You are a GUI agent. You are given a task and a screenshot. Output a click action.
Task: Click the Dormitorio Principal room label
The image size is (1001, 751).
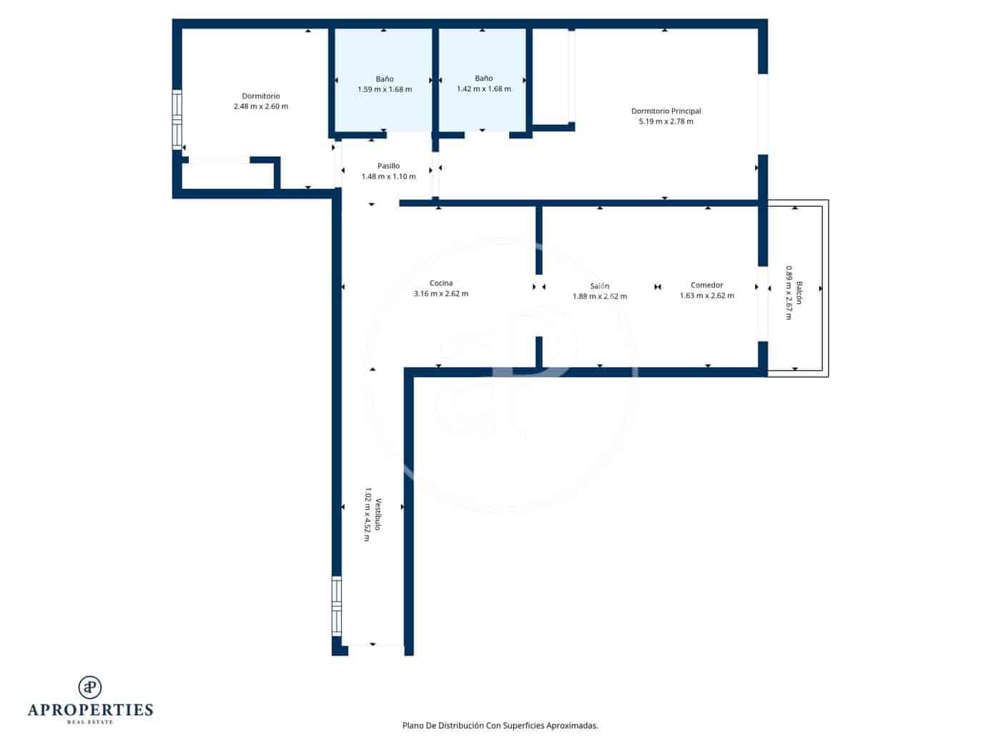tap(666, 111)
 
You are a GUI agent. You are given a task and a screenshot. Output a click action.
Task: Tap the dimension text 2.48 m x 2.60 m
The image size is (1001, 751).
tap(261, 107)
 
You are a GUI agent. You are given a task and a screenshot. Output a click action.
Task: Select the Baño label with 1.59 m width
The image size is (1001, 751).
tap(385, 79)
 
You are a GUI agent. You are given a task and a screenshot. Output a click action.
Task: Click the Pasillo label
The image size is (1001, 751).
tap(388, 166)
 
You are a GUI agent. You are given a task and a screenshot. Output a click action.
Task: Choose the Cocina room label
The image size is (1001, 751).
tap(441, 283)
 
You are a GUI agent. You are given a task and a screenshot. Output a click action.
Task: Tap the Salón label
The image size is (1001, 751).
tap(600, 286)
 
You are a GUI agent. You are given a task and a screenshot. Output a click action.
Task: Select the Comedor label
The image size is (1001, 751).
tap(706, 285)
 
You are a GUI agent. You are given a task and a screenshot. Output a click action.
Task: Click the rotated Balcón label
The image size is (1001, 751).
tap(799, 293)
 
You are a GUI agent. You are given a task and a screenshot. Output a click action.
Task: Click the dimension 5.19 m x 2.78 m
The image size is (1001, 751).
tap(666, 122)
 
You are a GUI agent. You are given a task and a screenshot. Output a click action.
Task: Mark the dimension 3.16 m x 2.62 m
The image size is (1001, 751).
tap(441, 294)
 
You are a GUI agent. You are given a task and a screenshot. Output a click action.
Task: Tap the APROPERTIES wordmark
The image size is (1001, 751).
tap(90, 710)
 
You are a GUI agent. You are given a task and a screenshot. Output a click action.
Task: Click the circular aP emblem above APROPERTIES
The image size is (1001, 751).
tap(90, 687)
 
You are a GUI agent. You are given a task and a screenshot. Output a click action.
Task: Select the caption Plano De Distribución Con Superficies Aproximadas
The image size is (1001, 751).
tap(500, 725)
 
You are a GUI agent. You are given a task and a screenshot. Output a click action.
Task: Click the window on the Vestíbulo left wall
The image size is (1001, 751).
tap(336, 607)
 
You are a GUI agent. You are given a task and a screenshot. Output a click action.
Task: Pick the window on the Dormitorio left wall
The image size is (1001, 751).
tap(177, 119)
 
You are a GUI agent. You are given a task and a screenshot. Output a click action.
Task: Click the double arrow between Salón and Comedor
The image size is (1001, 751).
tap(657, 288)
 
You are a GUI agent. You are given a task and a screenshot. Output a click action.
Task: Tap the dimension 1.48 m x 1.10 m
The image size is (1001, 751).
tap(388, 177)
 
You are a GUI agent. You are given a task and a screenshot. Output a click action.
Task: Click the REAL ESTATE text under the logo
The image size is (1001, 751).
tap(90, 722)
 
